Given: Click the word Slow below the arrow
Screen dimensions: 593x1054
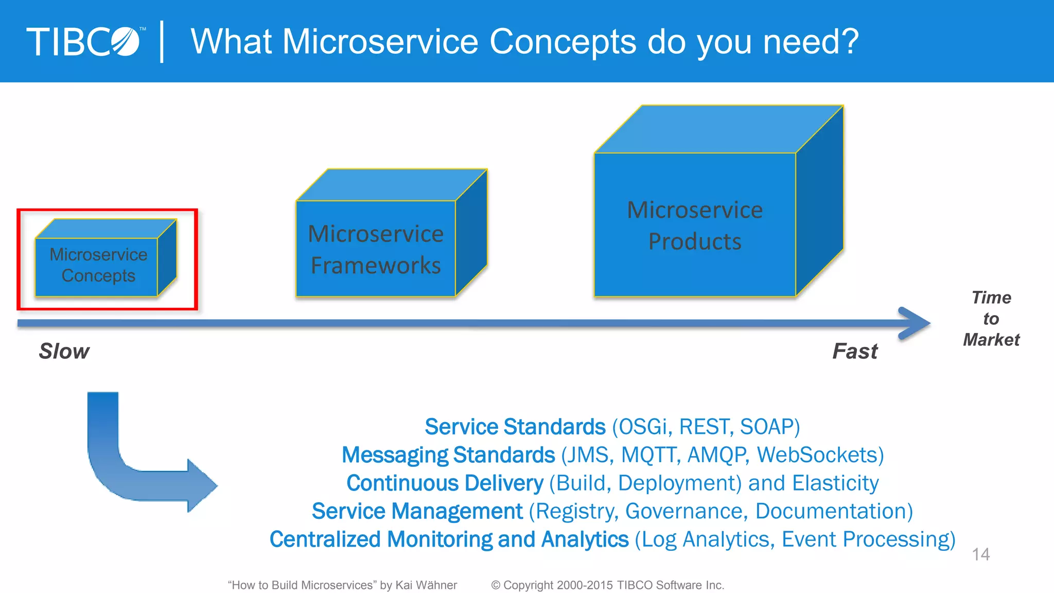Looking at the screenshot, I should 64,352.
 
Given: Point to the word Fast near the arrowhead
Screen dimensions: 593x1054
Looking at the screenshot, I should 855,352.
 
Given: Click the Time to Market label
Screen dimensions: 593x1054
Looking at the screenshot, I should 991,319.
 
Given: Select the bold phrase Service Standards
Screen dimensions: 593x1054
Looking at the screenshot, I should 515,427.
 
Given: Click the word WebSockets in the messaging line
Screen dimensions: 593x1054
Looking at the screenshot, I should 817,455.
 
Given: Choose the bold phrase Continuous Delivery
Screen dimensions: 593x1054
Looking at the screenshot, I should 445,483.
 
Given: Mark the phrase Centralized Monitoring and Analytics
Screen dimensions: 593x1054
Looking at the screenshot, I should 449,539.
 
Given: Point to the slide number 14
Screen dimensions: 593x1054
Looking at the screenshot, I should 980,554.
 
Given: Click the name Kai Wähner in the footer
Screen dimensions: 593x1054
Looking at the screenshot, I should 426,585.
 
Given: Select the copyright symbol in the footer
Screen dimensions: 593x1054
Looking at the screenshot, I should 496,585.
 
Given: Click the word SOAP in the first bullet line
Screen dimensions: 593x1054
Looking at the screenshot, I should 766,427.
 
